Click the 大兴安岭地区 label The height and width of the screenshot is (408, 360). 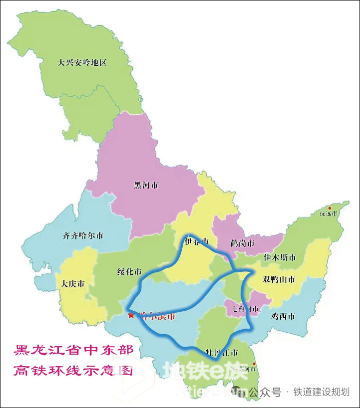pos(82,63)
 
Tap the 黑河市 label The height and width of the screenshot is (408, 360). pos(146,185)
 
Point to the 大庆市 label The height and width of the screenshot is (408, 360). pos(73,284)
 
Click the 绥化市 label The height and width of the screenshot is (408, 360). pos(129,272)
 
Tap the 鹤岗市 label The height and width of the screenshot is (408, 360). pos(242,243)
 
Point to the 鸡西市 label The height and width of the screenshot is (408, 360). pos(282,316)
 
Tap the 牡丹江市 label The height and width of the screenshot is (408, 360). pos(220,353)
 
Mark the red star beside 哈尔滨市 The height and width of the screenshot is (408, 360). pos(131,315)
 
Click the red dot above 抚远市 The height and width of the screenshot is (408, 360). pos(329,207)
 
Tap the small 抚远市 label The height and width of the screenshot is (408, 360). pos(329,213)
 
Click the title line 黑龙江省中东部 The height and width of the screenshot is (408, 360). pos(74,350)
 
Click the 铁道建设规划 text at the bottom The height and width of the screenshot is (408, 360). pos(321,392)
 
